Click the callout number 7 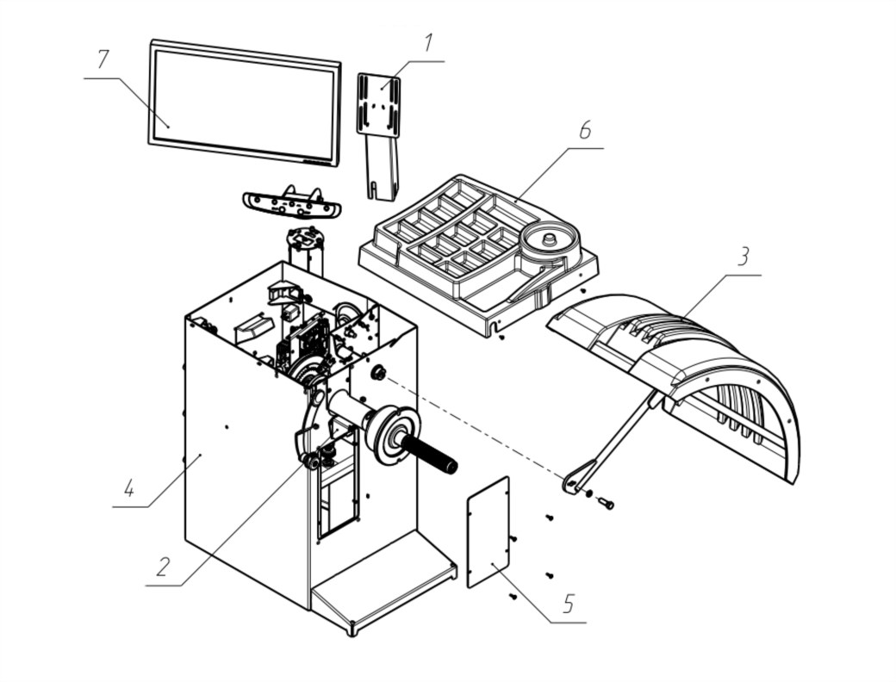[103, 59]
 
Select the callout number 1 [428, 43]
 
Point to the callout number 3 [743, 257]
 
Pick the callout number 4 [130, 488]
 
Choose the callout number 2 [163, 567]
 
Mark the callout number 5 [568, 603]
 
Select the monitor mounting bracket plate [378, 103]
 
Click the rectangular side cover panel [488, 532]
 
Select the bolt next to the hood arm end [606, 503]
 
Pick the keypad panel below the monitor [291, 204]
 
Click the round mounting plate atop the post [305, 237]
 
